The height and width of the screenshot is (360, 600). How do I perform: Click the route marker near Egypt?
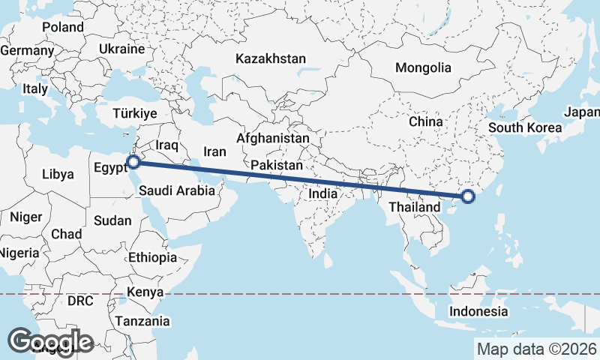point(133,161)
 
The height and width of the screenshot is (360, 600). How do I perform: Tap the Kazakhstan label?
point(271,58)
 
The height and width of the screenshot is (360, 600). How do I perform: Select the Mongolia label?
point(424,67)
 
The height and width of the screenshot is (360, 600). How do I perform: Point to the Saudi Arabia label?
point(177,191)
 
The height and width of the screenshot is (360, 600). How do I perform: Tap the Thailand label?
point(414,206)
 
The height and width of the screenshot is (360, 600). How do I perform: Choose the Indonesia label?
point(479,311)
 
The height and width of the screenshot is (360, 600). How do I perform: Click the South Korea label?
point(525,127)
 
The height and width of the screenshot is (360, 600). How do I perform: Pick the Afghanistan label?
point(272,139)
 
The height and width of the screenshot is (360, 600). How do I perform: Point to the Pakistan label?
point(277,165)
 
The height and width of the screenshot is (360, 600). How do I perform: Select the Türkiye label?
point(134,114)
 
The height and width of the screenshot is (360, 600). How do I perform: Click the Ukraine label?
point(121,49)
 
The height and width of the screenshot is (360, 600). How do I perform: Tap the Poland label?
point(63,27)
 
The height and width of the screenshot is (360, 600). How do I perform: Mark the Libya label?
point(58,174)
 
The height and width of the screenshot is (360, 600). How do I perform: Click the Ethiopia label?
point(152,257)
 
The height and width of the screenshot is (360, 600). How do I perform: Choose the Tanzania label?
point(142,321)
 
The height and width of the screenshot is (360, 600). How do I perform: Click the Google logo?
point(51,342)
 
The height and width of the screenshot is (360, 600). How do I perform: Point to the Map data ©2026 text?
point(537,349)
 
